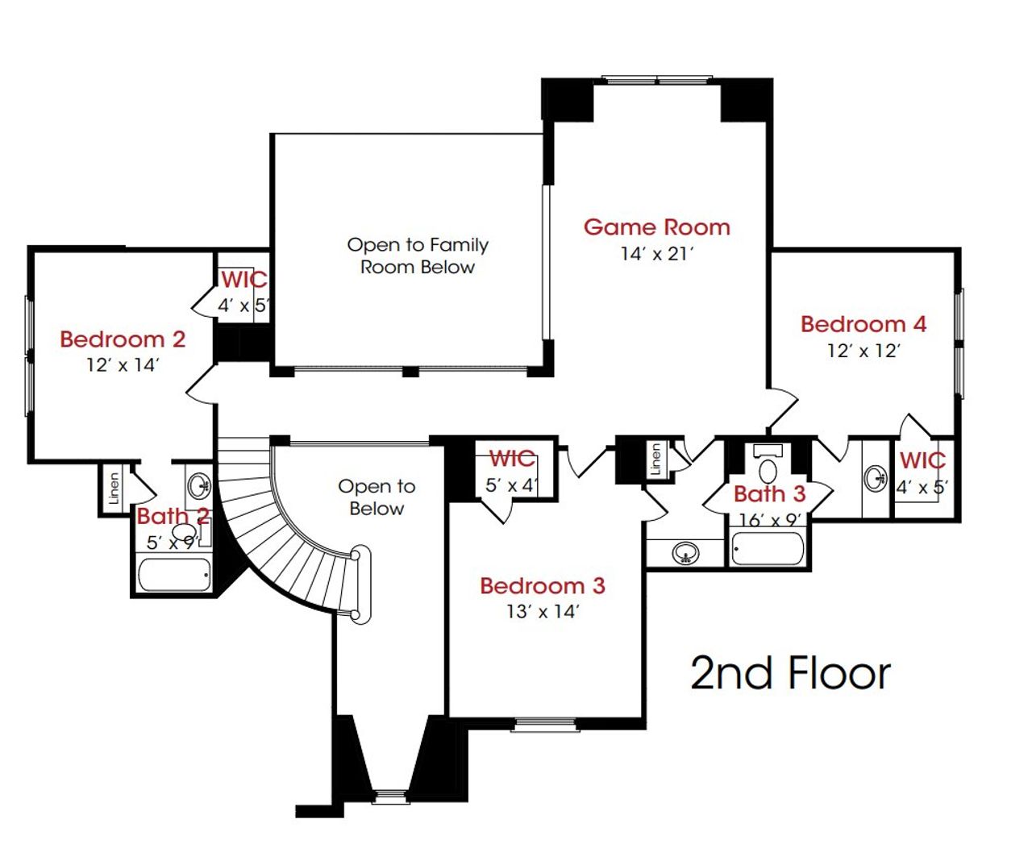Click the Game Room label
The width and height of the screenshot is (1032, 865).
click(656, 227)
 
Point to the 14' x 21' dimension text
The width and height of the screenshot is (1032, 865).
click(656, 254)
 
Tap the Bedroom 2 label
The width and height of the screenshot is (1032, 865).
click(123, 339)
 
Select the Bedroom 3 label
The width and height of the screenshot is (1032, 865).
click(542, 585)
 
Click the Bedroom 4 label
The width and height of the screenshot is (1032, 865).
click(863, 324)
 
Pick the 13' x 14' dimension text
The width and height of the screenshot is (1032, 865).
click(542, 612)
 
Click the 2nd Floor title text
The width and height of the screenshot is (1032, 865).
click(790, 673)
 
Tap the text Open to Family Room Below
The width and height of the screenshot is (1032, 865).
click(418, 256)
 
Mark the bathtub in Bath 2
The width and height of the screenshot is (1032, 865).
click(174, 575)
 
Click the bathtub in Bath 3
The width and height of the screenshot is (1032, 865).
click(767, 549)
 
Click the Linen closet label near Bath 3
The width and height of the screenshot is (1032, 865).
click(655, 459)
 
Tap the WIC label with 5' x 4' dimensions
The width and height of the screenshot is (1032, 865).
click(512, 459)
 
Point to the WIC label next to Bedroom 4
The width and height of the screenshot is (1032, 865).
click(922, 460)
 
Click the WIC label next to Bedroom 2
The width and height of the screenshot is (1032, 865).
click(243, 280)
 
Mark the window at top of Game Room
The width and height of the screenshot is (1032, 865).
click(657, 80)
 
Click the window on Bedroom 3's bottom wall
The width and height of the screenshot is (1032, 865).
click(546, 724)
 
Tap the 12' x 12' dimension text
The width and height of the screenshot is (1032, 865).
click(863, 351)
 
